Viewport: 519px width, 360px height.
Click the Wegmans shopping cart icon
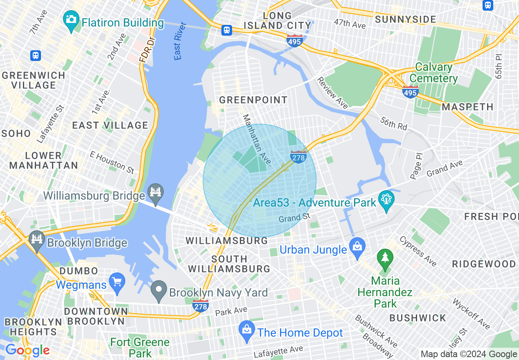(117, 282)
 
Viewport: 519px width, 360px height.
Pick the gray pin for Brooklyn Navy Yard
(158, 289)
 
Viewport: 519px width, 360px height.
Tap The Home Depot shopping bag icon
(247, 330)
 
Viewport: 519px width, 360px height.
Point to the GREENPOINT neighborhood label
(253, 100)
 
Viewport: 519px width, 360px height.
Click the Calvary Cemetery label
(433, 73)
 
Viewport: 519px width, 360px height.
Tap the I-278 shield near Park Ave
(200, 305)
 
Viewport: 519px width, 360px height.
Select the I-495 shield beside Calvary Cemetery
(410, 92)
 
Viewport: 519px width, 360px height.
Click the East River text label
(179, 41)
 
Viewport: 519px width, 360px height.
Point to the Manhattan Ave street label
(257, 139)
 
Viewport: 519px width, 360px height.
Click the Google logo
(27, 350)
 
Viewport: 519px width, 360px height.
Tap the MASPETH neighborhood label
(467, 107)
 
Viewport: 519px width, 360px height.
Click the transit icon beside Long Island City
(227, 30)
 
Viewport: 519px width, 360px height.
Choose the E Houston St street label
(112, 162)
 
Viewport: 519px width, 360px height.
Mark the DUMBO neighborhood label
(79, 271)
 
